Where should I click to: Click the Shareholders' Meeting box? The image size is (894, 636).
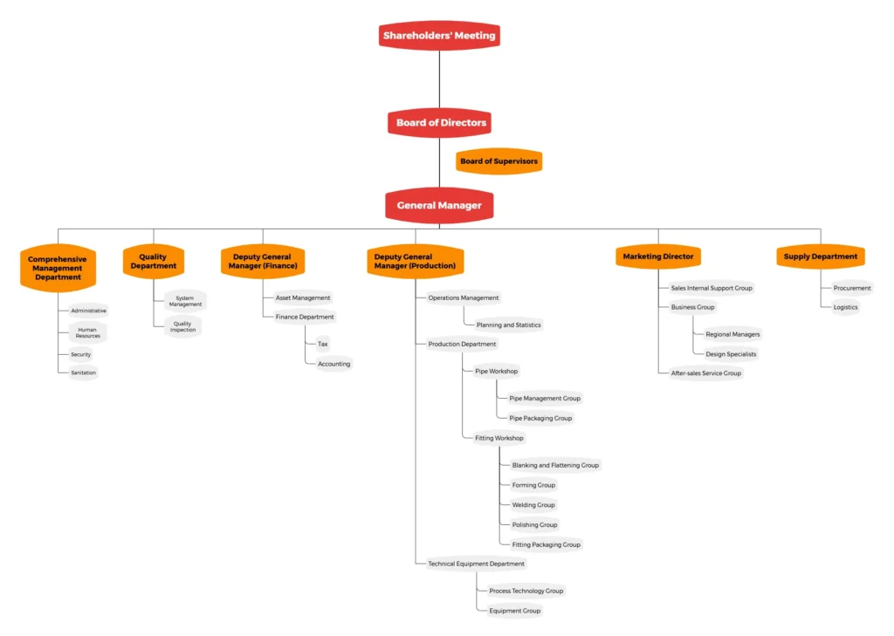439,36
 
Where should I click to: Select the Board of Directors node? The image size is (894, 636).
440,123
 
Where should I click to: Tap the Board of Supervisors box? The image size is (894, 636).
499,161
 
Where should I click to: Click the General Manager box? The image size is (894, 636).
439,206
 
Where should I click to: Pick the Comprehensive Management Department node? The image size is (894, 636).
58,268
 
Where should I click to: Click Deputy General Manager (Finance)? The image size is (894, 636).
264,262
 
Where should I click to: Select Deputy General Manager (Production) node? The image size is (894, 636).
416,262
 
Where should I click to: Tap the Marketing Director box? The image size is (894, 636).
658,256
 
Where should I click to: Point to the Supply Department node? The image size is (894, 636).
820,256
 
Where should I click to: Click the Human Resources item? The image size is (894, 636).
87,332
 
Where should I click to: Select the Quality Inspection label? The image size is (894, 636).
182,327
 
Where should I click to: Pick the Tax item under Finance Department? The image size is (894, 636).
323,344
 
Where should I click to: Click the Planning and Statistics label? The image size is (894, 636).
508,325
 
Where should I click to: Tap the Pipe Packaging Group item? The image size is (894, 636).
540,418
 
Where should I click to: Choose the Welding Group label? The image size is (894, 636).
533,504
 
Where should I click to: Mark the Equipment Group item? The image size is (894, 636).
514,611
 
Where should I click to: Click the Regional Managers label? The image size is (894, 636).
732,334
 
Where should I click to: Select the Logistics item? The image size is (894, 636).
845,307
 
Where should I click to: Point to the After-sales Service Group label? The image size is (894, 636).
705,373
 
